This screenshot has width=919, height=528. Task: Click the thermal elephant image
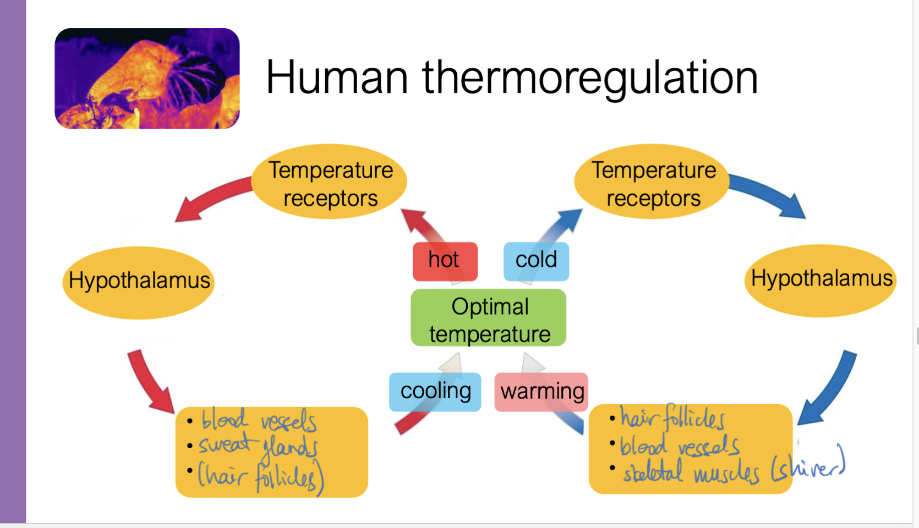tap(147, 78)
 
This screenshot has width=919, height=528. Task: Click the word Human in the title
tap(337, 78)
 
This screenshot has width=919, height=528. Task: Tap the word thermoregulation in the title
tap(590, 79)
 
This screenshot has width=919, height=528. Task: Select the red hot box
tap(445, 260)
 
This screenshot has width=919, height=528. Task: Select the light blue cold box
tap(536, 260)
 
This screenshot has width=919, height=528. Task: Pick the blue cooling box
tap(435, 392)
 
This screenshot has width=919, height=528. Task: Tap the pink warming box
tap(541, 392)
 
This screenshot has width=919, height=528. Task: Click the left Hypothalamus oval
tap(139, 282)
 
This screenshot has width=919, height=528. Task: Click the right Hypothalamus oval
tap(820, 279)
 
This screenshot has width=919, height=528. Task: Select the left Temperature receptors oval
tap(330, 183)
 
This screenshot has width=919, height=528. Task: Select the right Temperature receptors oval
tap(653, 183)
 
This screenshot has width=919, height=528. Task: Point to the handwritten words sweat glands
tap(258, 446)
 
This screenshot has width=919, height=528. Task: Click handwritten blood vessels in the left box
tap(259, 421)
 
